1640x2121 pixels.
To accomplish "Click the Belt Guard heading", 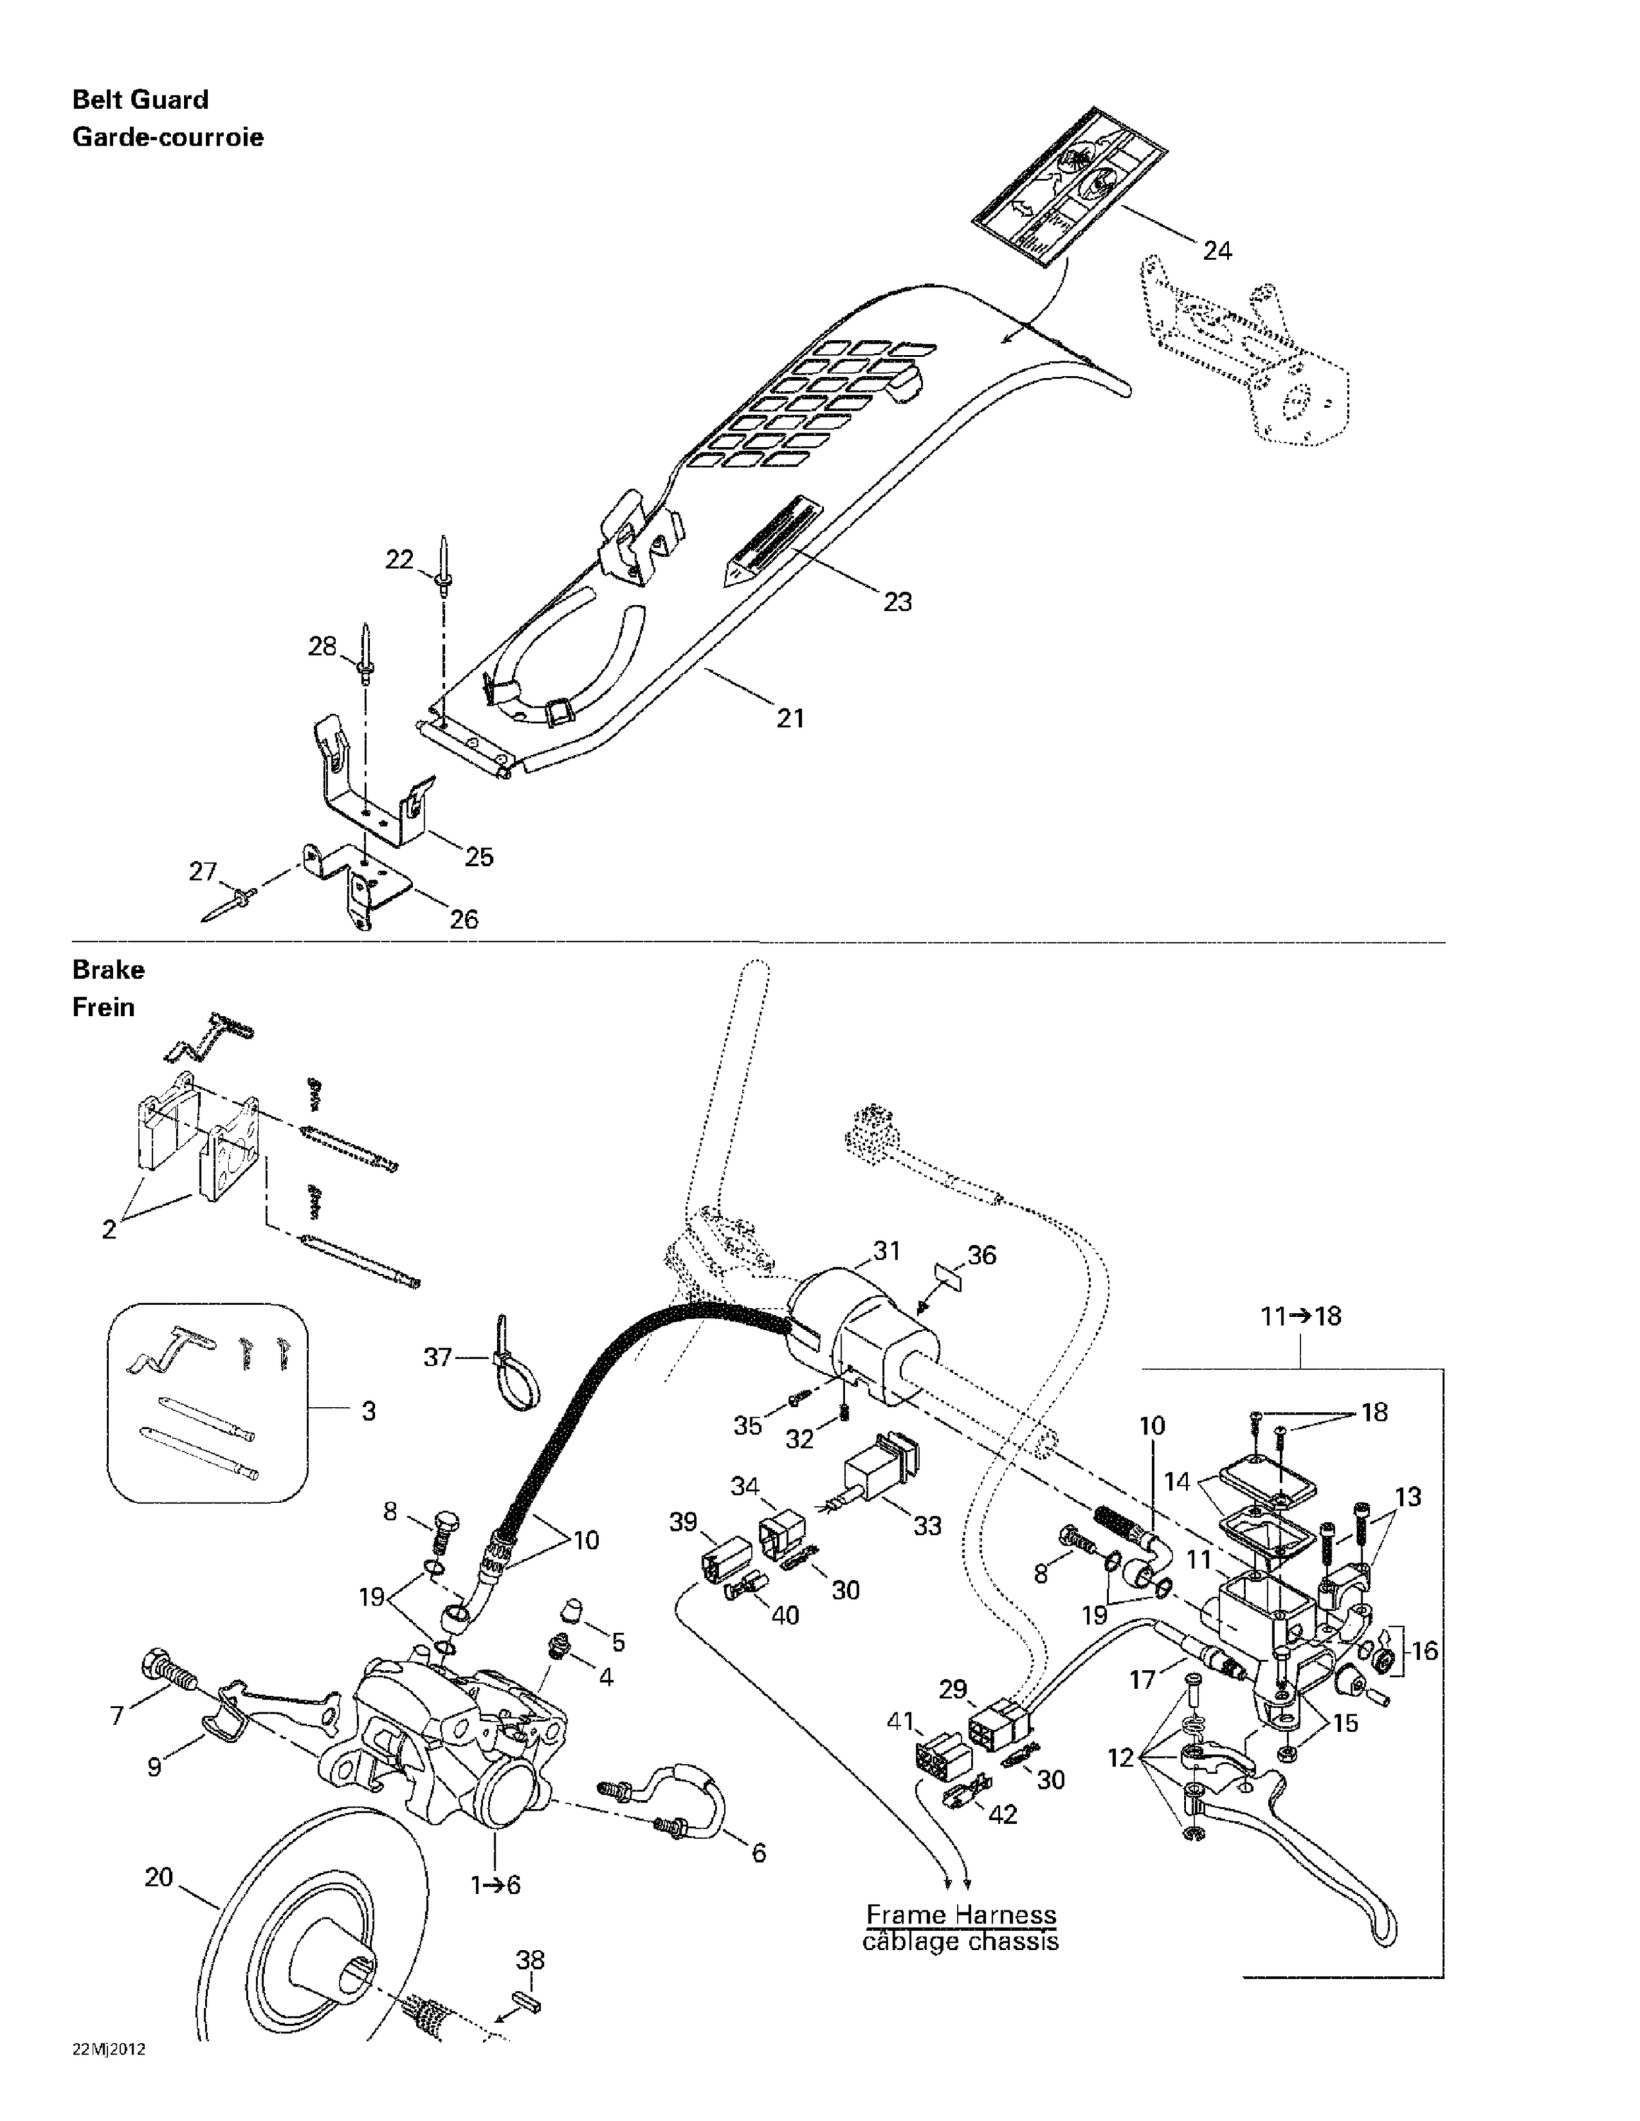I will (141, 100).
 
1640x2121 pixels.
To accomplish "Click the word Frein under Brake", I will (103, 1007).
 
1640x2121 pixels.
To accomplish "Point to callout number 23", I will (897, 602).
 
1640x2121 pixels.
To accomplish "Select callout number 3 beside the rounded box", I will (368, 1410).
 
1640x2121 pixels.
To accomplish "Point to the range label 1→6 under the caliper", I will (496, 1885).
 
